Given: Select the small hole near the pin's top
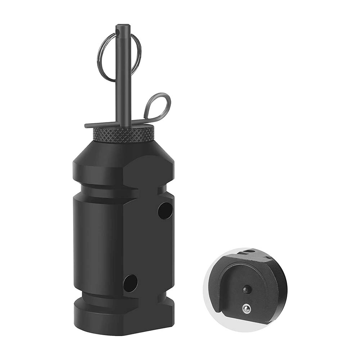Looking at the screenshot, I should tap(118, 33).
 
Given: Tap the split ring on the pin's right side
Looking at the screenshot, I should tap(138, 54).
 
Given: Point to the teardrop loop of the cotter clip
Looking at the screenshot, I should tap(158, 104).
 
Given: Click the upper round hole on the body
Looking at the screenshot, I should tap(165, 211).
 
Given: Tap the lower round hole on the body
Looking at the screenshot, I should tap(130, 283).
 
